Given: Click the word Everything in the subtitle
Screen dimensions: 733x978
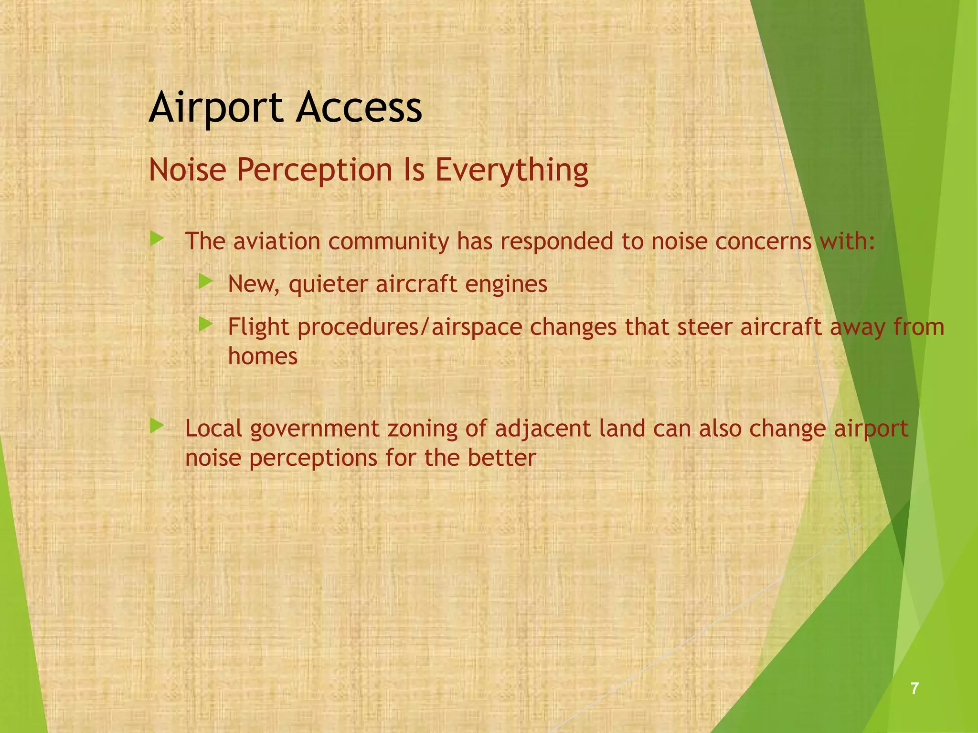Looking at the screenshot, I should click(x=511, y=171).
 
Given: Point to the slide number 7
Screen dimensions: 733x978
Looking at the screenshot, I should click(x=914, y=688).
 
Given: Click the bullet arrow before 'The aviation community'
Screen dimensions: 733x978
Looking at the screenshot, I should click(x=157, y=238).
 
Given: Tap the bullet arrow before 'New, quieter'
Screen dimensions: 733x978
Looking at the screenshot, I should click(x=205, y=281).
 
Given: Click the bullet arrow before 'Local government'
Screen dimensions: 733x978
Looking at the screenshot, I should click(x=157, y=425).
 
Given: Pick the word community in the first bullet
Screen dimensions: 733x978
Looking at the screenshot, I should click(x=388, y=241).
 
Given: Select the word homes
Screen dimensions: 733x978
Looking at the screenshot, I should click(x=263, y=356).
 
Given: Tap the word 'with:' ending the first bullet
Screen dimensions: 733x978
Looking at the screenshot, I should click(x=847, y=241).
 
